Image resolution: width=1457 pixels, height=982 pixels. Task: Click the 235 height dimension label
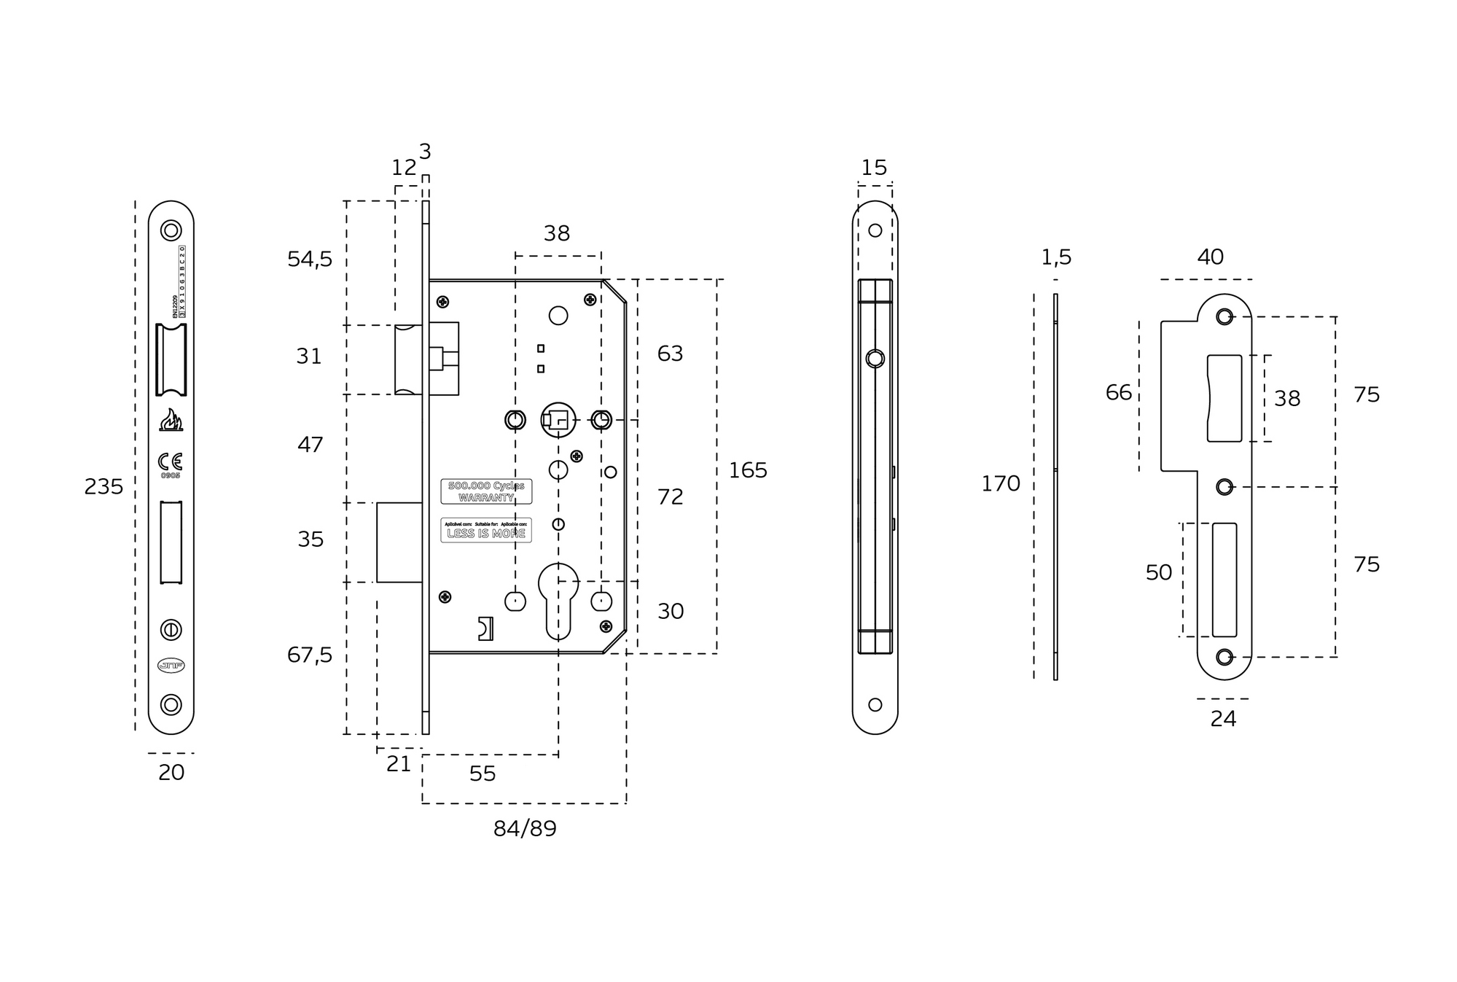point(103,486)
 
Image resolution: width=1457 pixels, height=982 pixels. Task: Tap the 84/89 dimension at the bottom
point(525,829)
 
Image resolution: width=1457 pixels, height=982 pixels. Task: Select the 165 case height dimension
point(748,470)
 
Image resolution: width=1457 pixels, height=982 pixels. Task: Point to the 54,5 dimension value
point(310,259)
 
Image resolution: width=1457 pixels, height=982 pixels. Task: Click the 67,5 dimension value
point(310,655)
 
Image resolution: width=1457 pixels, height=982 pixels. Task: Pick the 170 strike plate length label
point(1000,483)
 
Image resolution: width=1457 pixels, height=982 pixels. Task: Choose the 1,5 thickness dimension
point(1056,257)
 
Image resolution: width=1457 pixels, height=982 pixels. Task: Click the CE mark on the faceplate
point(171,461)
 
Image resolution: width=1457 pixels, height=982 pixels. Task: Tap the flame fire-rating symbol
point(171,420)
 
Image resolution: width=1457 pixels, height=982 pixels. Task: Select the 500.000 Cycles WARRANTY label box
point(486,491)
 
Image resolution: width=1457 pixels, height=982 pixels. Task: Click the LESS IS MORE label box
point(486,530)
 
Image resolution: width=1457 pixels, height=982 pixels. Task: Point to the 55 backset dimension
point(483,773)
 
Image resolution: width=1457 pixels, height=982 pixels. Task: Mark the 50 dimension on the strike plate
point(1158,572)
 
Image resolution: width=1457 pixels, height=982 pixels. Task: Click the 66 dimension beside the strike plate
point(1119,392)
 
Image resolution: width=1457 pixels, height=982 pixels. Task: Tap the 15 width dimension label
point(874,168)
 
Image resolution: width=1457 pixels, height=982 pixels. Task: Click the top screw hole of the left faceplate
point(171,231)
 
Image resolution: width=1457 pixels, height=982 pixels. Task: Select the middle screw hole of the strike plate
point(1224,487)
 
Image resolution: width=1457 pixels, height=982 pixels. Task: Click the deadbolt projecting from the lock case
point(399,542)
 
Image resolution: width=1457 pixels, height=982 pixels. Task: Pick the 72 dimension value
point(670,496)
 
